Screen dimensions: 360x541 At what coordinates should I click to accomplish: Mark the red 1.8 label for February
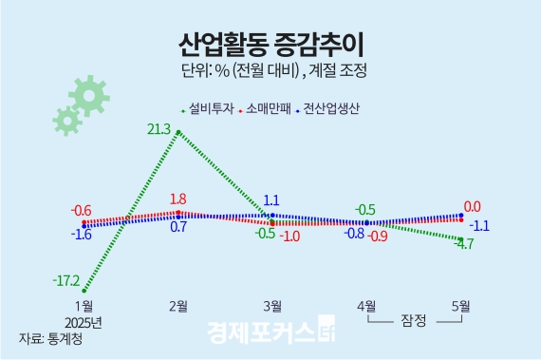[177, 199]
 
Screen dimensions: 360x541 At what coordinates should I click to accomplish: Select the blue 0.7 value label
[177, 228]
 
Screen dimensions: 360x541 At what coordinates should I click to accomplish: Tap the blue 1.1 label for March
[270, 200]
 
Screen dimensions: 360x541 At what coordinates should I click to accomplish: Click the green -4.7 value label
[464, 244]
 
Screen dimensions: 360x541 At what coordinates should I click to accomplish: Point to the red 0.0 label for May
[472, 206]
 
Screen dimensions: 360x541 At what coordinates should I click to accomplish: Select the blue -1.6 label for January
[81, 234]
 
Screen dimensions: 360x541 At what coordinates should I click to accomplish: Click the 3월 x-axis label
[271, 305]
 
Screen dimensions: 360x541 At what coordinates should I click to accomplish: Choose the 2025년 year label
[83, 321]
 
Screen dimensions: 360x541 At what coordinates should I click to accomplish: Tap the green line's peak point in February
[177, 133]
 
